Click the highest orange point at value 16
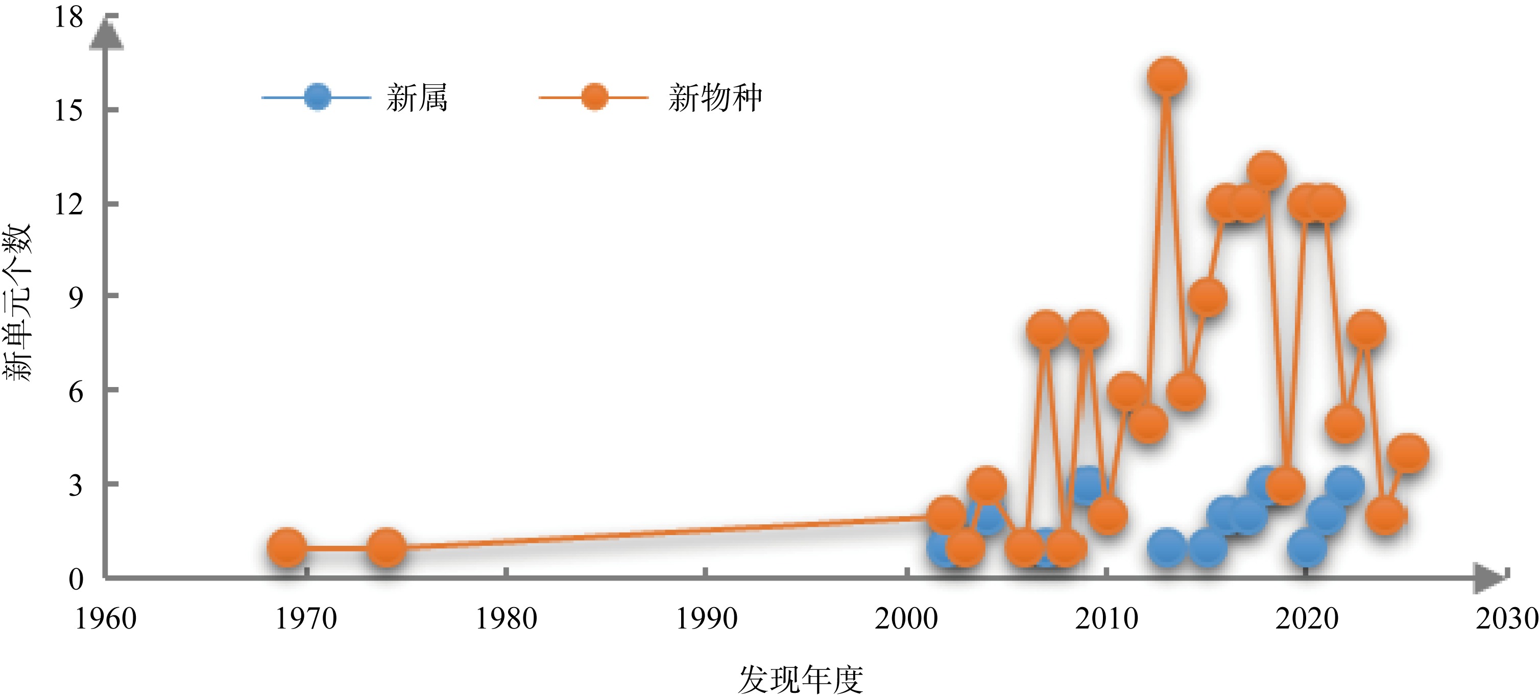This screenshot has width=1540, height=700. tap(1166, 77)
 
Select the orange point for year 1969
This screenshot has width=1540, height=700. tap(287, 547)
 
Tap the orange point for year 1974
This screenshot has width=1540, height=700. tap(386, 547)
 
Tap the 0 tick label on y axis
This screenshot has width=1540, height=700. tap(76, 578)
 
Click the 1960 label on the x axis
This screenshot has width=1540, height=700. tap(106, 619)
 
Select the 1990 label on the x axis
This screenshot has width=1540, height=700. tap(706, 619)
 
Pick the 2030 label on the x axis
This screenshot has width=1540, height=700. tap(1506, 619)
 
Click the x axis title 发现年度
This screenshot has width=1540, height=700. tap(801, 679)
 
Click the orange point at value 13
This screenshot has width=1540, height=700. tap(1266, 171)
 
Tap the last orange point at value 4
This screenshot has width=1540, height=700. tap(1408, 452)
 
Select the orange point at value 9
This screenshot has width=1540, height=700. tap(1207, 297)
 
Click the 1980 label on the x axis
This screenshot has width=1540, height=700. tap(506, 619)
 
